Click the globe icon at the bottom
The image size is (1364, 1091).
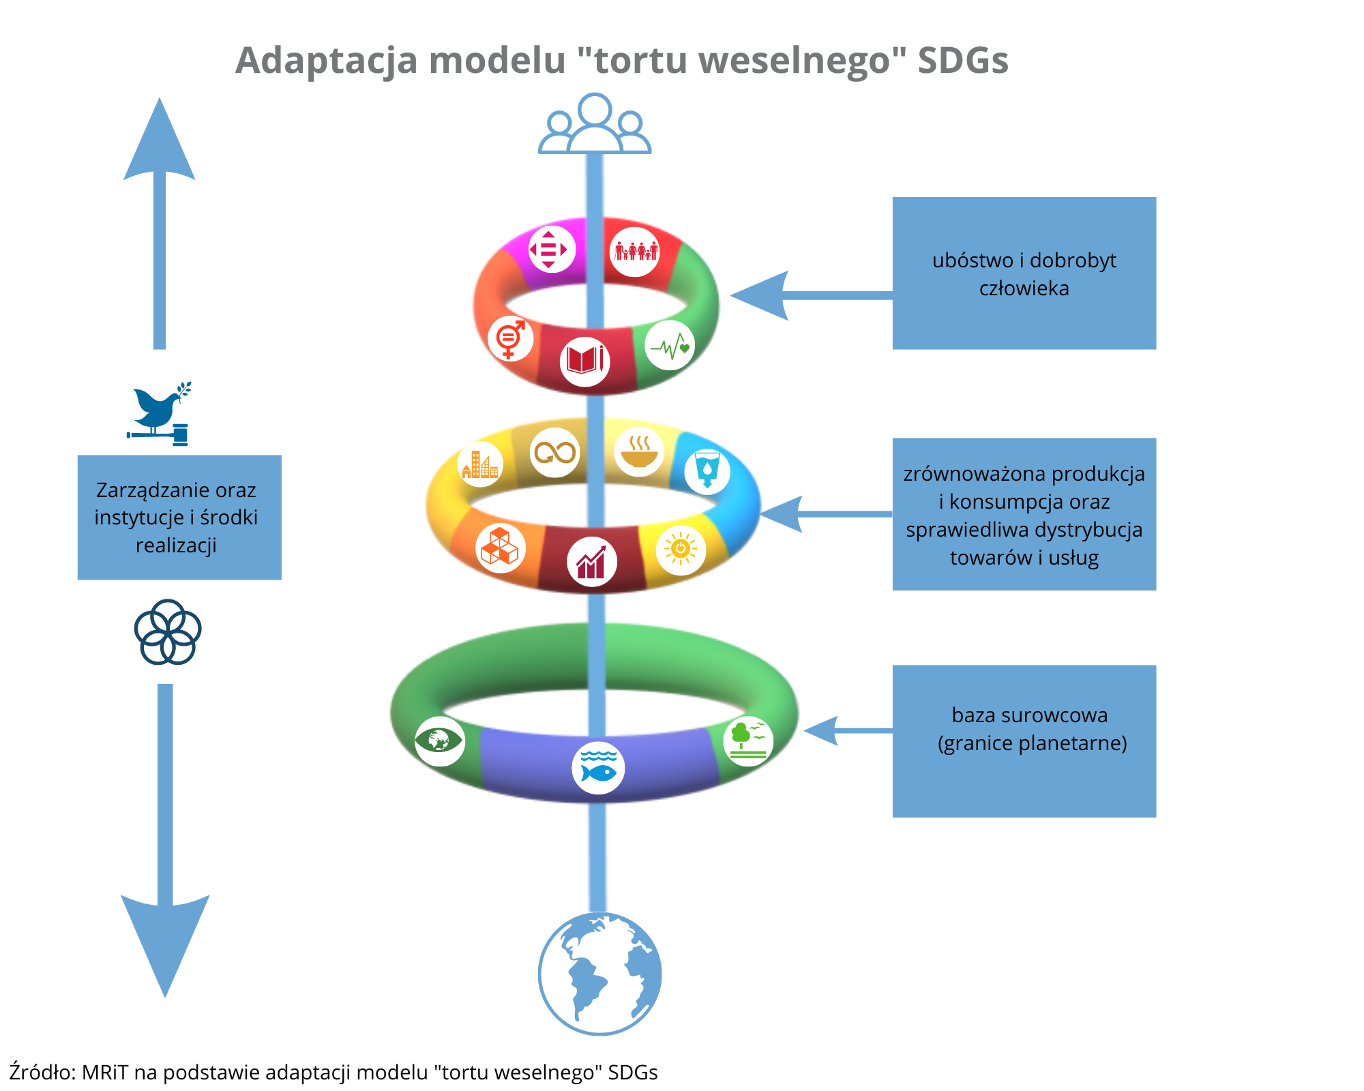point(599,973)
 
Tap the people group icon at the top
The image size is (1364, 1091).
point(595,125)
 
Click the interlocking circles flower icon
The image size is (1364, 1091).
point(168,632)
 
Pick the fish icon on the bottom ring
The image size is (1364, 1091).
point(598,768)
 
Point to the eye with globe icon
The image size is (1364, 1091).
point(439,741)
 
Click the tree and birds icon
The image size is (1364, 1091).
point(748,741)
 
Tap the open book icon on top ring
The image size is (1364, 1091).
point(584,361)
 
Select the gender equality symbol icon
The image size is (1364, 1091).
point(510,339)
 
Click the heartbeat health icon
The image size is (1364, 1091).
point(670,346)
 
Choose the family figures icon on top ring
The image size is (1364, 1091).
point(635,252)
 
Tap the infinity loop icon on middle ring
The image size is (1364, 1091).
point(555,452)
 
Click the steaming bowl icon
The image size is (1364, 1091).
point(639,451)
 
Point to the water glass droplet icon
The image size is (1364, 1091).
point(707,470)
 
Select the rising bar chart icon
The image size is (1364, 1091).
point(591,562)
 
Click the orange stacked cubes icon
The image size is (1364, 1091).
point(500,548)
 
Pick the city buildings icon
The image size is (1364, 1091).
point(480,464)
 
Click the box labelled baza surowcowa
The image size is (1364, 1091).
point(1024,741)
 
